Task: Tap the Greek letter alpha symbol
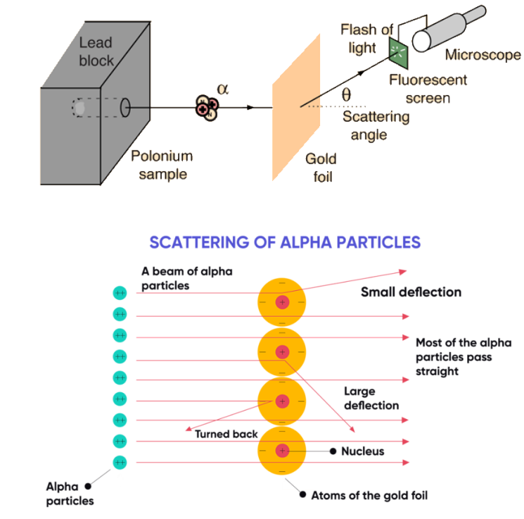[x=223, y=89]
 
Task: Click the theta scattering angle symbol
[x=346, y=94]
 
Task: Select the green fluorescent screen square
[x=398, y=49]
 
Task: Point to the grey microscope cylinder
[x=450, y=28]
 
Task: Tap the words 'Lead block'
[x=96, y=51]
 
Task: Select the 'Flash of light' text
[x=367, y=38]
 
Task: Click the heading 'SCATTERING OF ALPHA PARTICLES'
[x=285, y=242]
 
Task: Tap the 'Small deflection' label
[x=411, y=292]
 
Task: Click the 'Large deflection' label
[x=371, y=398]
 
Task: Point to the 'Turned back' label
[x=226, y=434]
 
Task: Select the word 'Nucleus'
[x=362, y=451]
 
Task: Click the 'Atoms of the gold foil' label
[x=369, y=495]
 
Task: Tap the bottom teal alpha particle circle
[x=120, y=463]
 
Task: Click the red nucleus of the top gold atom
[x=282, y=302]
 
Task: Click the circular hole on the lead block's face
[x=126, y=108]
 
